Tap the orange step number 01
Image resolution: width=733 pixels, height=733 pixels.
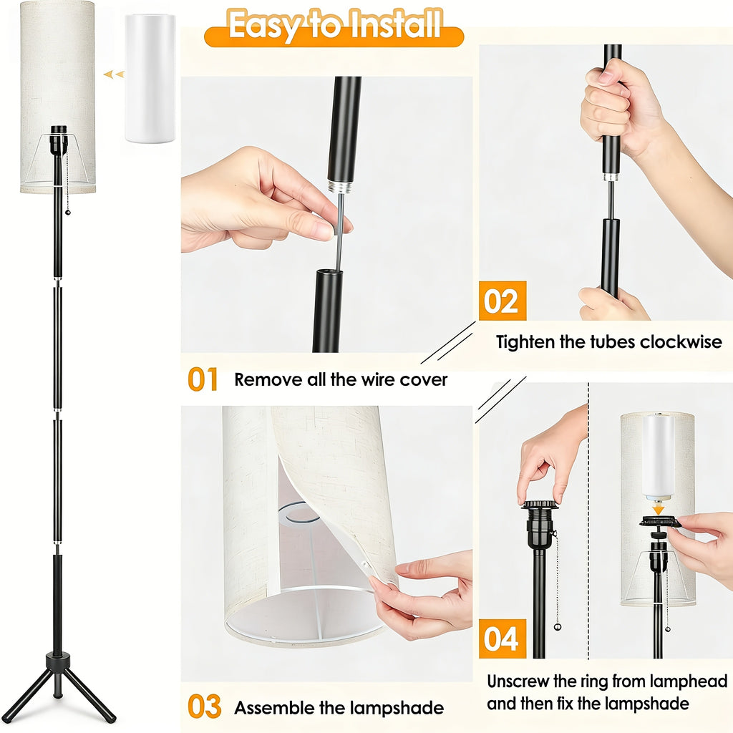point(203,379)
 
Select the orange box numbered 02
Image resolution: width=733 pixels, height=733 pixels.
point(502,301)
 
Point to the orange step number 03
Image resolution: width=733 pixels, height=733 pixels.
point(204,707)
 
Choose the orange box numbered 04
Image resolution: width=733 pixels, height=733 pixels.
point(502,638)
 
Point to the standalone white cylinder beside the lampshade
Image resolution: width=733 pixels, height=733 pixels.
point(150,78)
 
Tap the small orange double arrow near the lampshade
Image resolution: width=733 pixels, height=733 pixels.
point(112,74)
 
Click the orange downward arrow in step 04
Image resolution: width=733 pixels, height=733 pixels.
point(658,508)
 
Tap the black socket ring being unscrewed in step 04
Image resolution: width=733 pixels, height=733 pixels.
point(540,505)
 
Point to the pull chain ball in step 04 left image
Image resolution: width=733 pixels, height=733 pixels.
point(558,627)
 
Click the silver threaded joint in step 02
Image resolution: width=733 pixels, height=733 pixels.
point(611,176)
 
